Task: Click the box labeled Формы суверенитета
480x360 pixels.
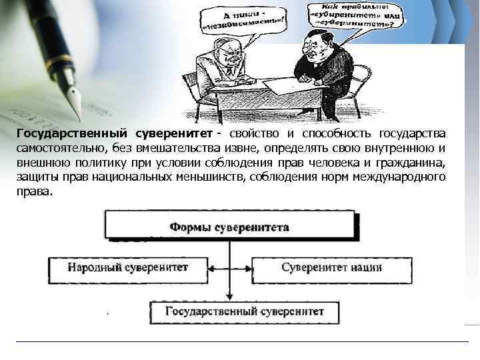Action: (229, 227)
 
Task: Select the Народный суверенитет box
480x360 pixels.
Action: (127, 268)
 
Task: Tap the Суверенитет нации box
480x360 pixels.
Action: (331, 268)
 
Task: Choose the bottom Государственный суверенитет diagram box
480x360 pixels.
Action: (245, 311)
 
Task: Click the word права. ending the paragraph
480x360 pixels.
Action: (34, 191)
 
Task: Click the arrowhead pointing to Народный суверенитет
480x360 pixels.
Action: (209, 268)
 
